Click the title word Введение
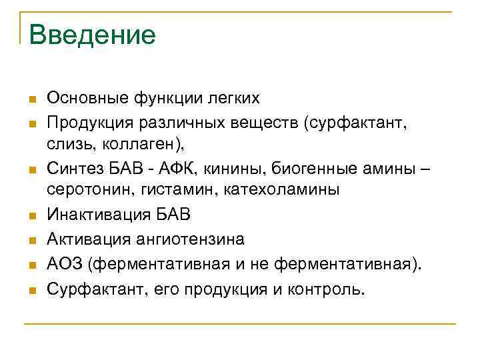tap(92, 34)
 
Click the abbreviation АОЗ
tap(67, 264)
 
